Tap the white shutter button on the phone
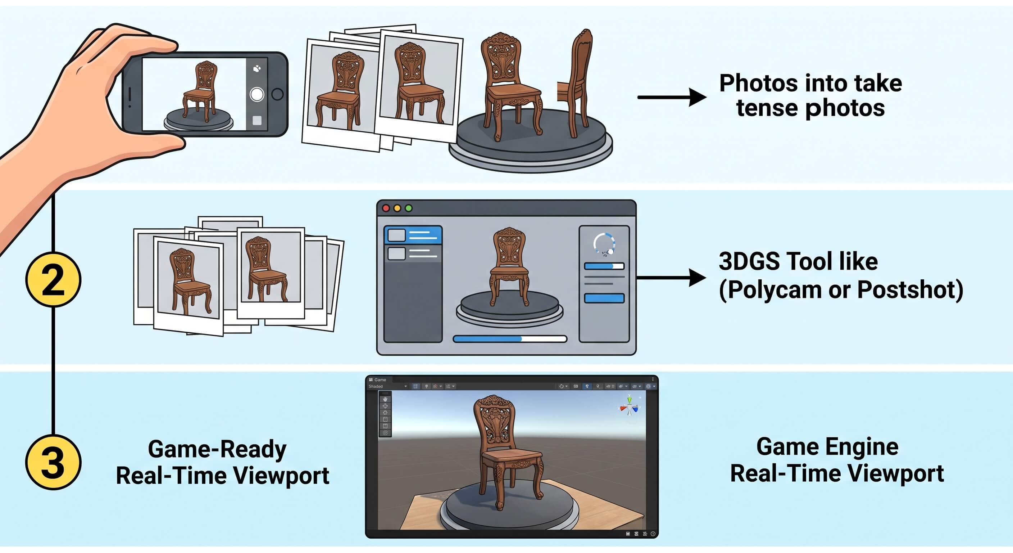tap(257, 94)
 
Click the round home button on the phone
tap(278, 94)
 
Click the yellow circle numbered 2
tap(53, 280)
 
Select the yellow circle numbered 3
tap(53, 462)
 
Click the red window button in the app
tap(386, 208)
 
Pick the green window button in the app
tap(409, 208)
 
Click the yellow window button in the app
tap(398, 208)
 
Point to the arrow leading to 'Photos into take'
tap(672, 97)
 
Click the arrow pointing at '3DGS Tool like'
tap(671, 278)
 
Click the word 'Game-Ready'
tap(217, 449)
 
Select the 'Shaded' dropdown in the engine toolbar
tap(387, 387)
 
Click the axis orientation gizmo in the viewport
tap(630, 406)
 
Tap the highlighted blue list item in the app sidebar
tap(413, 235)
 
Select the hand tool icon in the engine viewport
tap(385, 399)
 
